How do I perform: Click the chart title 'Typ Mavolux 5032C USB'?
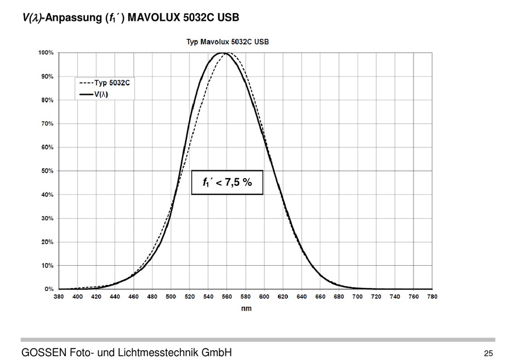click(228, 42)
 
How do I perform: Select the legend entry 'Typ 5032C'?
click(105, 84)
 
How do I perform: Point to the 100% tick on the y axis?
click(46, 53)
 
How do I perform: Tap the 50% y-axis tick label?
click(47, 171)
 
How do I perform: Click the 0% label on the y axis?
click(49, 289)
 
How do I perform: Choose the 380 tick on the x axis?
click(59, 296)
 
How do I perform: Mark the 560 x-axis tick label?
click(227, 296)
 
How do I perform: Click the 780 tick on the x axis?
click(433, 296)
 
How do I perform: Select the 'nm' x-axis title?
click(246, 308)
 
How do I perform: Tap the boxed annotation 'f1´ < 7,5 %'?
click(227, 182)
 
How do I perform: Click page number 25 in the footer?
click(489, 353)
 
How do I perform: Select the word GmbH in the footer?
click(216, 352)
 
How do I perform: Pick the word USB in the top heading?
click(228, 18)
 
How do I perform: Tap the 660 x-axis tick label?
click(320, 296)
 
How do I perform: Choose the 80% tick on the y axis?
click(47, 100)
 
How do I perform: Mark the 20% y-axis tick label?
click(47, 242)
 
